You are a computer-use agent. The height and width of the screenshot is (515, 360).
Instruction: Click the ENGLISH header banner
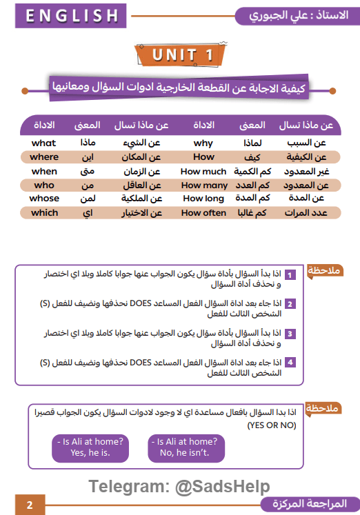coord(68,16)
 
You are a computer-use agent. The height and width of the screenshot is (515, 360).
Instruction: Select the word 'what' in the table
coord(44,143)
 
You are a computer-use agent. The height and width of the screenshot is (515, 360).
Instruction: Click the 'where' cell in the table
coord(44,156)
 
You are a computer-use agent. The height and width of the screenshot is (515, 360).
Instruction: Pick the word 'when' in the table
coord(44,171)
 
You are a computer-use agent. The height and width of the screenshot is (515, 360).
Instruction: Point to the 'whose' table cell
coord(44,199)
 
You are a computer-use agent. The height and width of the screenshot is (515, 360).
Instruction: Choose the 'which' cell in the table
coord(44,213)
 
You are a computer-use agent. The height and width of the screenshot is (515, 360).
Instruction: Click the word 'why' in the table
coord(203,143)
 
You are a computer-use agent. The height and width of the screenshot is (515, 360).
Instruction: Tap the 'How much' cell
coord(203,171)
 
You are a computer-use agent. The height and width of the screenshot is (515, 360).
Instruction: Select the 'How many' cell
coord(203,185)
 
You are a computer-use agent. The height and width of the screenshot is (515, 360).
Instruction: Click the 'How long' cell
coord(203,199)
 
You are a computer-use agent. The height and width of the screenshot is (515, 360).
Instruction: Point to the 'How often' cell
coord(203,213)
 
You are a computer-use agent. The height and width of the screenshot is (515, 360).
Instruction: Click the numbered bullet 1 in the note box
coord(291,275)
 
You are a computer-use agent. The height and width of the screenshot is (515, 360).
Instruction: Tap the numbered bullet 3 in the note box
coord(291,334)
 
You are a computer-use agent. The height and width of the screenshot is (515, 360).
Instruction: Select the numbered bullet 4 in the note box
coord(291,362)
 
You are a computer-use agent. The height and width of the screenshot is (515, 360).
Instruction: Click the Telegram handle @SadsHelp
coord(222,487)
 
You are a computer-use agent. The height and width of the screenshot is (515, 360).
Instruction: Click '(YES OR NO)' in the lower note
coord(273,425)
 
